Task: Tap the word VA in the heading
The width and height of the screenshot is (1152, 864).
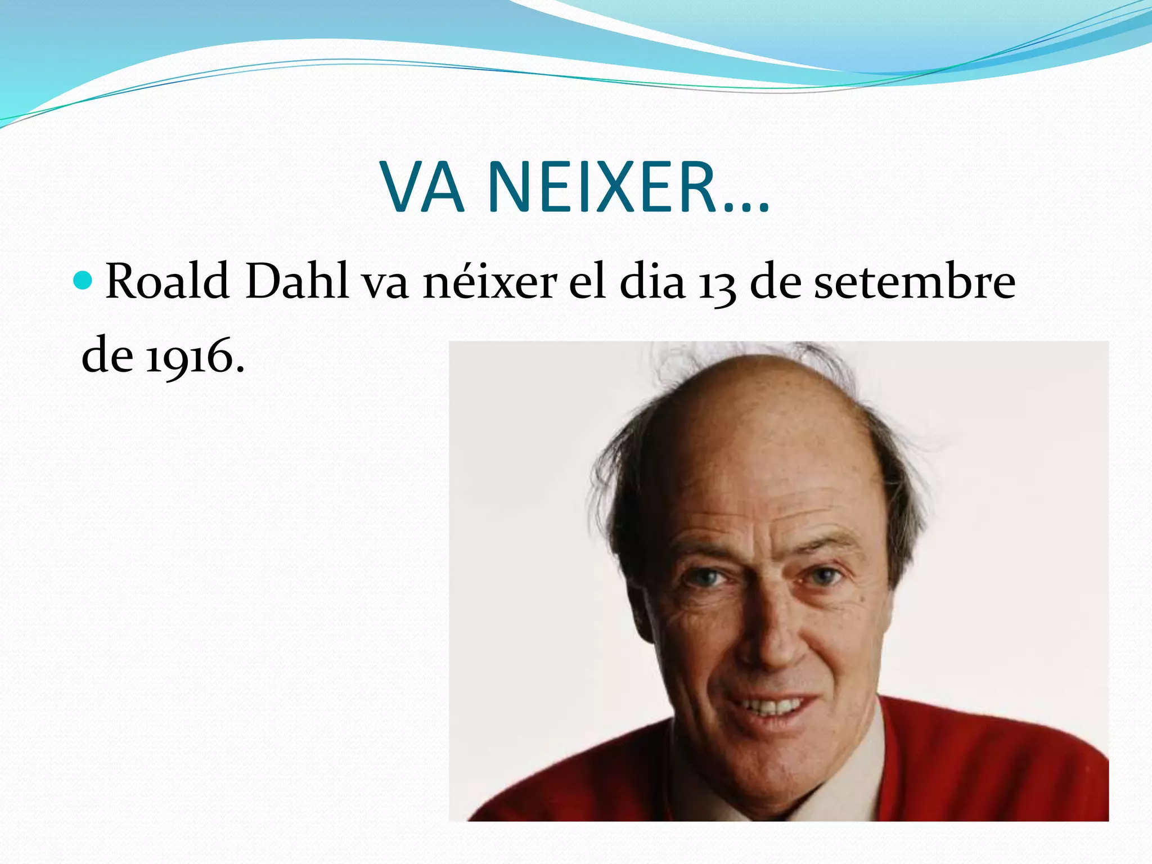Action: click(423, 187)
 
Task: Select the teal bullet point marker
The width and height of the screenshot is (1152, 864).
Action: click(83, 280)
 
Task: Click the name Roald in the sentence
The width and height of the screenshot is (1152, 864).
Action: click(167, 281)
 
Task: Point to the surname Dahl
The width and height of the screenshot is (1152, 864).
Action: click(296, 281)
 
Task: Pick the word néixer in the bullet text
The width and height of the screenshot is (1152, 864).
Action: click(490, 281)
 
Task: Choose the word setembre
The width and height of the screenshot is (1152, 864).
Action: click(915, 281)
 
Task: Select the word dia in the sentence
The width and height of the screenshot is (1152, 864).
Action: click(652, 281)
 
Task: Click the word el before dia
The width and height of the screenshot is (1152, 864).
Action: click(587, 281)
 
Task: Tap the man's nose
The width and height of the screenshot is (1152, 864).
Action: click(768, 641)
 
